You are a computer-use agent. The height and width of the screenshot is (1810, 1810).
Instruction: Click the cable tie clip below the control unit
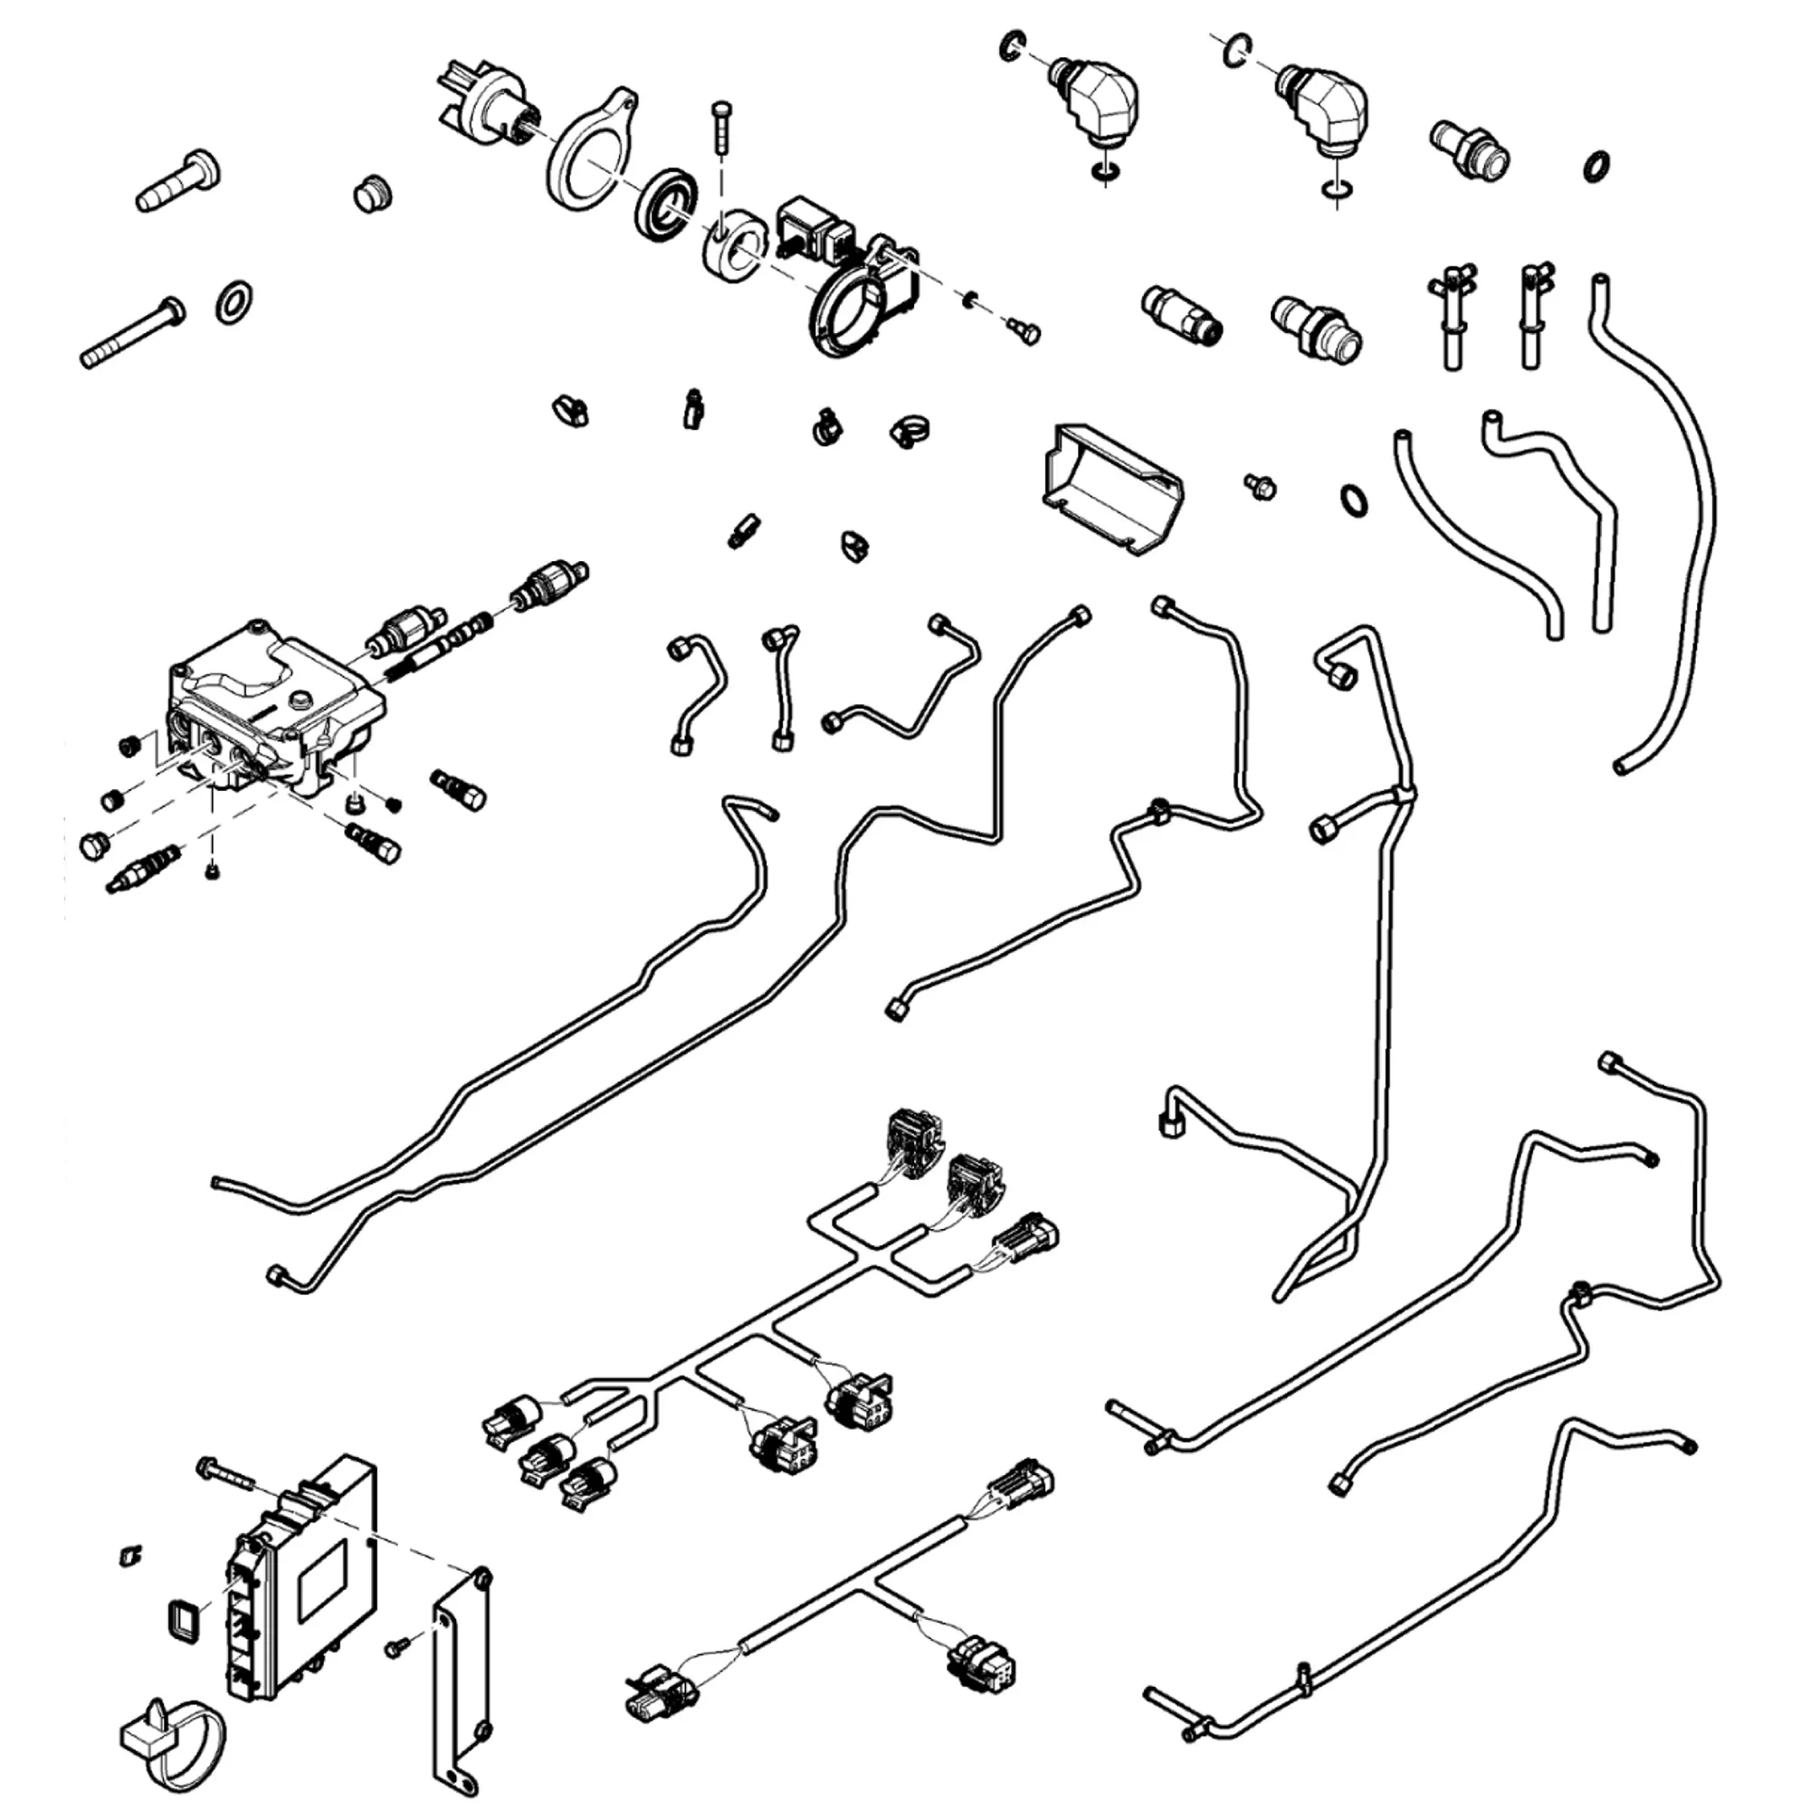[174, 1742]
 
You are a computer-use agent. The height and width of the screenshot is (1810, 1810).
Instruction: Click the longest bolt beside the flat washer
[131, 332]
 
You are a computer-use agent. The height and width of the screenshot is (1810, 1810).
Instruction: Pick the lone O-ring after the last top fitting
[1596, 166]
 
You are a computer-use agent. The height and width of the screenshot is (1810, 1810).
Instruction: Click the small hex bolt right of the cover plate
[1260, 485]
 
